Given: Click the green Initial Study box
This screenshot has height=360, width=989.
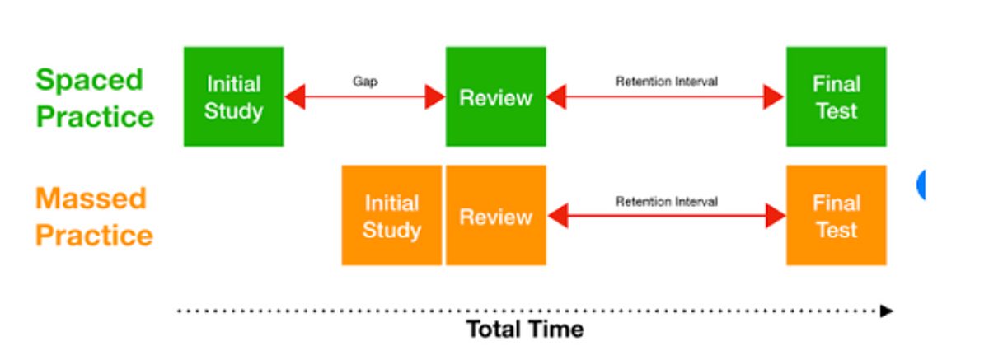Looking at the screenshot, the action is (x=233, y=96).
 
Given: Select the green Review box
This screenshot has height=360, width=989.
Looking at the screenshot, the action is (x=496, y=96).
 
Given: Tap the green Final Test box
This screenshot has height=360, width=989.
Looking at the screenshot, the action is (x=837, y=96).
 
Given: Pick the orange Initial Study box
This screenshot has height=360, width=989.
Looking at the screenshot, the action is (x=391, y=215).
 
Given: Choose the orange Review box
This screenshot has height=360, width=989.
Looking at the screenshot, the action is (x=496, y=215).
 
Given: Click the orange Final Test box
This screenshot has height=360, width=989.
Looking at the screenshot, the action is (x=837, y=215).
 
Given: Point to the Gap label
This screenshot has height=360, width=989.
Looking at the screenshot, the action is (x=365, y=82).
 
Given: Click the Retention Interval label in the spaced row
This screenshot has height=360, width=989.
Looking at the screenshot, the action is (x=667, y=82).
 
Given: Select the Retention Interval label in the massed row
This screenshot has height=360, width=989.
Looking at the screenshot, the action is (x=667, y=202).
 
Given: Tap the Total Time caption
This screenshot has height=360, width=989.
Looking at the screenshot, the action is (x=525, y=330).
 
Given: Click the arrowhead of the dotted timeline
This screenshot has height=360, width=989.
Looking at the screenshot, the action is (x=886, y=311).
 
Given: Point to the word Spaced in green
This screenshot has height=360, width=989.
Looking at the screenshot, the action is (x=90, y=81).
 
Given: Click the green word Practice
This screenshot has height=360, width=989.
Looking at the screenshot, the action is (x=95, y=116).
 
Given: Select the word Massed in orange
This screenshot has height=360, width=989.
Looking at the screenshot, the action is (x=91, y=198).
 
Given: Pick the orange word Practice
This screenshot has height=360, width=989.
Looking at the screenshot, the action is (x=94, y=235).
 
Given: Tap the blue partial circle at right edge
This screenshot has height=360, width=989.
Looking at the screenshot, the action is (x=921, y=185).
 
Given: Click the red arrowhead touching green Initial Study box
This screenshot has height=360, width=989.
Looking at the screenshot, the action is (x=295, y=96).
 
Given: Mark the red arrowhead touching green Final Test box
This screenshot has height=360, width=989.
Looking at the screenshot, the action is (x=774, y=96).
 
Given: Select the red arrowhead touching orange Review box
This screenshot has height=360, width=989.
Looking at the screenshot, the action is (x=558, y=216).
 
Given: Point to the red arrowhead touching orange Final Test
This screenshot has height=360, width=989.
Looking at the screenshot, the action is (x=776, y=216).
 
